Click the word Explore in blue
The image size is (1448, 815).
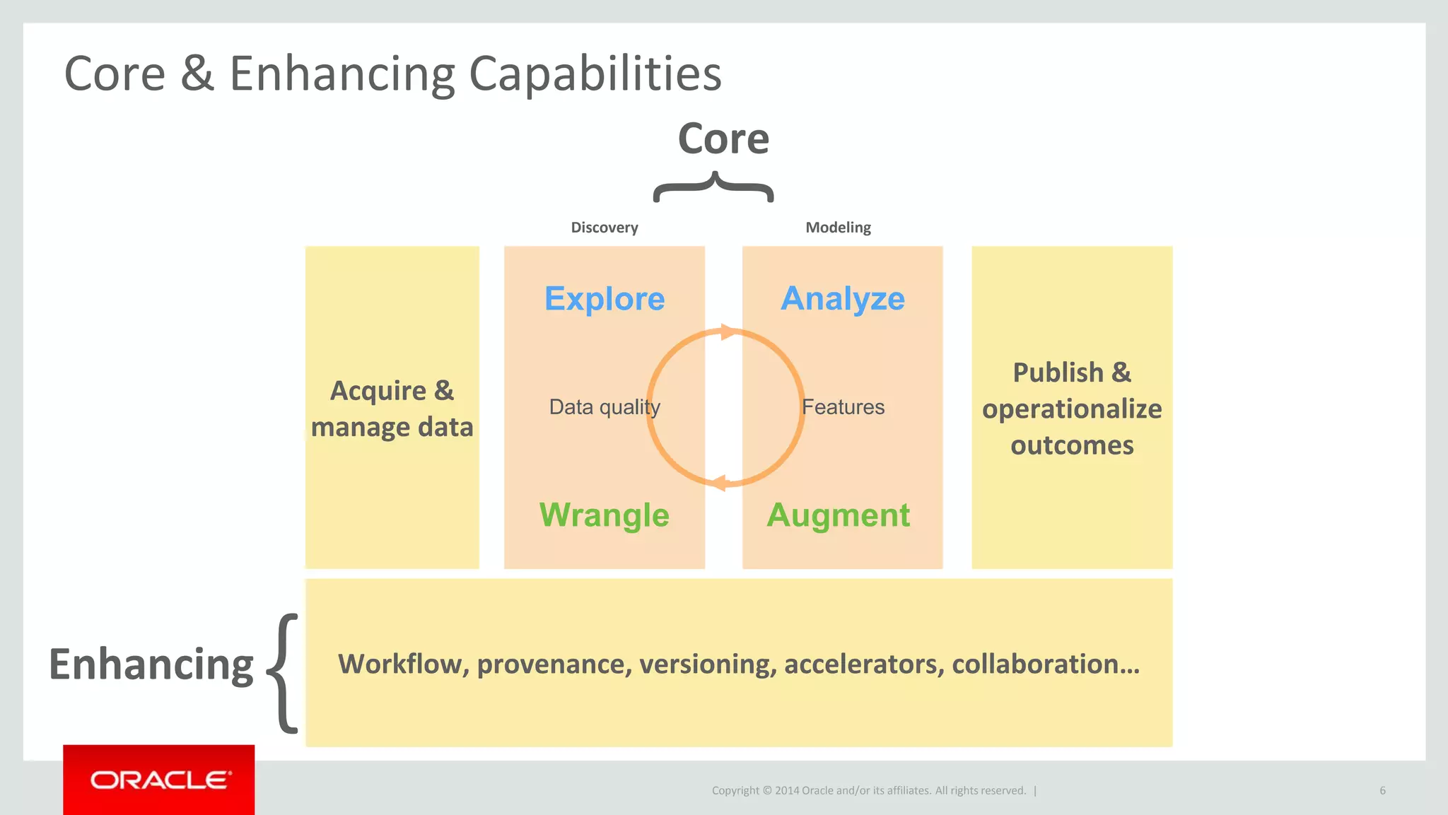tap(605, 299)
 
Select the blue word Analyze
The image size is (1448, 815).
tap(842, 299)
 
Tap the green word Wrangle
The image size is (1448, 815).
tap(604, 515)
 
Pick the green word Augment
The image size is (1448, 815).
tap(839, 515)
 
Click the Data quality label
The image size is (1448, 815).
tap(605, 407)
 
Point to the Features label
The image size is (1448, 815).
tap(843, 407)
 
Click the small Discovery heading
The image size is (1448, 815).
tap(605, 228)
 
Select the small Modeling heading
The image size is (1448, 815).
tap(838, 228)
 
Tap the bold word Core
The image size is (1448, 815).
tap(723, 139)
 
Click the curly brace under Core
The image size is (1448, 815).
tap(714, 187)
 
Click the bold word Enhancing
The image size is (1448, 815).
tap(151, 665)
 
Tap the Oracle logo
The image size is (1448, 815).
tap(159, 780)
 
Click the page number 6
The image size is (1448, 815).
tap(1382, 790)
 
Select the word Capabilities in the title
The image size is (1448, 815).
tap(595, 74)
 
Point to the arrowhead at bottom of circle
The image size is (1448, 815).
tap(718, 483)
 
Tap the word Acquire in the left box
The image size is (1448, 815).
tap(378, 392)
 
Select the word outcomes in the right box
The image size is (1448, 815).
tap(1072, 446)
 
